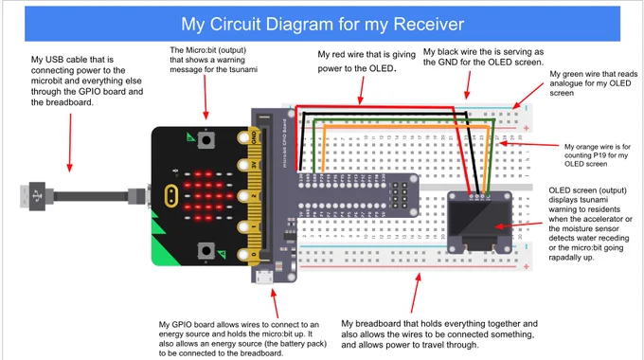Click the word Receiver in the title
pos(429,25)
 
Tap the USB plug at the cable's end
pos(33,196)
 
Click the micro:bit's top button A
pos(206,140)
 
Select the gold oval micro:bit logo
pos(170,196)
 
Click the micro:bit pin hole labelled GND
pos(243,137)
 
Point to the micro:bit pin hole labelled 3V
pos(243,166)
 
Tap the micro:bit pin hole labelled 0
pos(243,255)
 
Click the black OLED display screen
pos(479,219)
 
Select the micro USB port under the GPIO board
pos(264,277)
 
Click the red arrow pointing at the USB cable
pos(70,143)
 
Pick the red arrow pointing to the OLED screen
pos(518,225)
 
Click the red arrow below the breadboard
pos(415,293)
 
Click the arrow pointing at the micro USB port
pos(275,303)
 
